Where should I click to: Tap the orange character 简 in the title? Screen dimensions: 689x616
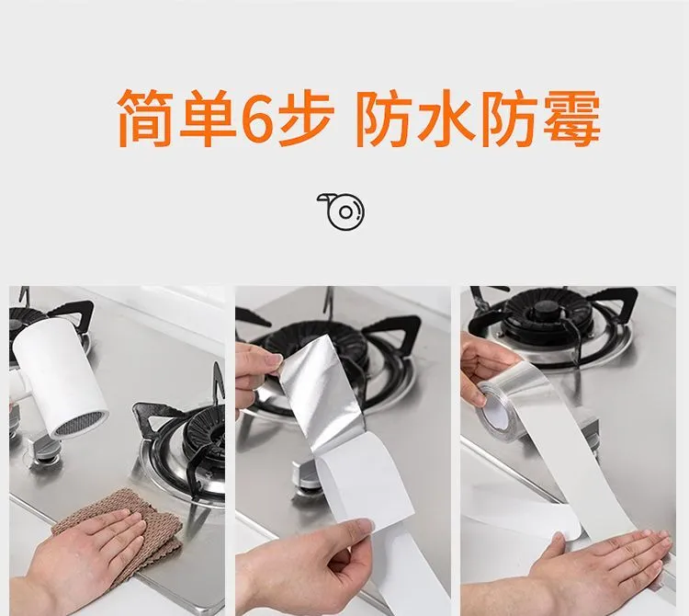pyautogui.click(x=143, y=118)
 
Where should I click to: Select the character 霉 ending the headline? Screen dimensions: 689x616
pyautogui.click(x=571, y=118)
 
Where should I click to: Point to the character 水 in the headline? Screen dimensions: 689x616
pyautogui.click(x=447, y=118)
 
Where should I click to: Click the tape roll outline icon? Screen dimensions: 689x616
pyautogui.click(x=342, y=211)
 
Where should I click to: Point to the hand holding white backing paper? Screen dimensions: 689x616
pyautogui.click(x=303, y=563)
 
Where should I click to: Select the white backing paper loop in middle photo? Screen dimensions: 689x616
pyautogui.click(x=365, y=484)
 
